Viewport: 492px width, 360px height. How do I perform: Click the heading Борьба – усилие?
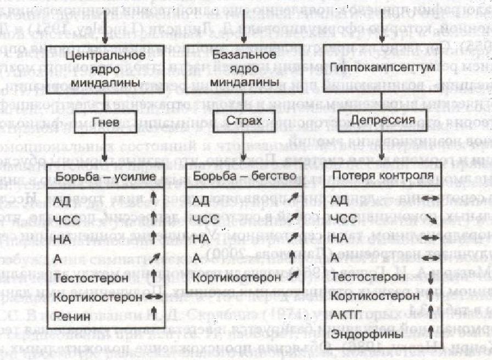(104, 178)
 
